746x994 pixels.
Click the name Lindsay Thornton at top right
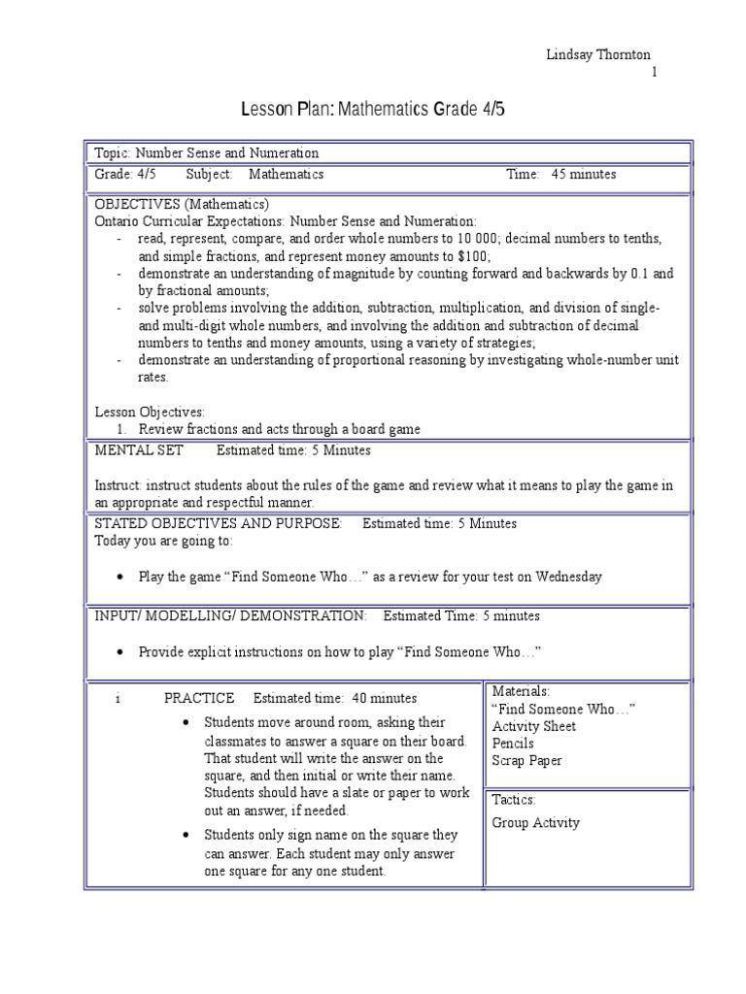598,55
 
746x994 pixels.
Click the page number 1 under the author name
654,73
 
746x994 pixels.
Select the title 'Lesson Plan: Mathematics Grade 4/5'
373,110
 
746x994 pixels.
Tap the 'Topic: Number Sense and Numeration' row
206,153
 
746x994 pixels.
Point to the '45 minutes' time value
584,175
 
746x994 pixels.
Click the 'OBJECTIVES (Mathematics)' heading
182,204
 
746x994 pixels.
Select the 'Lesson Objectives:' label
150,412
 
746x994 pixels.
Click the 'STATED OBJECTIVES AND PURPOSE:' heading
218,523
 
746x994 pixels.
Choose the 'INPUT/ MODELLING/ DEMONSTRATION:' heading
230,615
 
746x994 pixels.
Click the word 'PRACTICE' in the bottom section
199,698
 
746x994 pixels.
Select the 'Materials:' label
521,691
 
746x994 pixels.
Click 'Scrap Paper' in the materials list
526,761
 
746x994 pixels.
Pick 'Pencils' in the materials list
513,744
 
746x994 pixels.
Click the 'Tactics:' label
514,800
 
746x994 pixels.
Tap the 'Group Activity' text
535,822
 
